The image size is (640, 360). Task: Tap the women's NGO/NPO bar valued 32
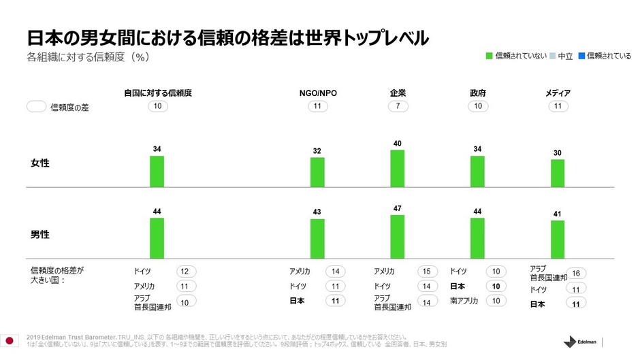pos(317,172)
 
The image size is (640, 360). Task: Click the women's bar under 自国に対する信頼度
pos(157,171)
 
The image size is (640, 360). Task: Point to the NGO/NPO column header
pos(318,93)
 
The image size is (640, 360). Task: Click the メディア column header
pos(558,93)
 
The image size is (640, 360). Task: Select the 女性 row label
pos(40,163)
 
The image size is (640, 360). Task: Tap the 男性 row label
pos(40,234)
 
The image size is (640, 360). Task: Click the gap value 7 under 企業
pos(398,107)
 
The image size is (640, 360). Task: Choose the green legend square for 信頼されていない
pos(489,56)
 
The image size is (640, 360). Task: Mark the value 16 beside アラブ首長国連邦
pos(575,273)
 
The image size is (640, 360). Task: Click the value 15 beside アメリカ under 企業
pos(426,271)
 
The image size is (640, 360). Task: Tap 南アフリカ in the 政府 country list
pos(464,301)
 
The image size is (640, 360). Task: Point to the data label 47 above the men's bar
pos(398,208)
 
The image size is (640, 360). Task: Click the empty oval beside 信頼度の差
pos(36,107)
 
